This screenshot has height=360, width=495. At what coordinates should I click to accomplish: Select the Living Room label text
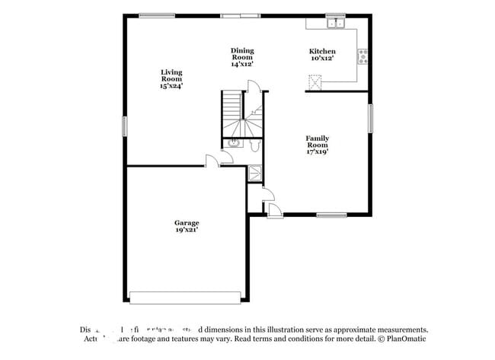click(x=171, y=75)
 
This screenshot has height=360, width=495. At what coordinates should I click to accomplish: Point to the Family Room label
click(x=317, y=142)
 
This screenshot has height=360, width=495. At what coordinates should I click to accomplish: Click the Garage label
click(x=186, y=223)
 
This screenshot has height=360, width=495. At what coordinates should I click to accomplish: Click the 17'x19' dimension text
click(x=317, y=151)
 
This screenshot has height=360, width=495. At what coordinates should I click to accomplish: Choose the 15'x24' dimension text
click(x=171, y=85)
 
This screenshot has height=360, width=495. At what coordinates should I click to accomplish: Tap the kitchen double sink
click(x=334, y=24)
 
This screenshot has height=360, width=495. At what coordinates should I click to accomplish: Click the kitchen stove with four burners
click(x=362, y=56)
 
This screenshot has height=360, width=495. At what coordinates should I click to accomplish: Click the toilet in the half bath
click(x=254, y=142)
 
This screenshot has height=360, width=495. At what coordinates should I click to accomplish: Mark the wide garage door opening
click(x=186, y=297)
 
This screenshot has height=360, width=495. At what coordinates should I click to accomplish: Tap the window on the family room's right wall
click(x=371, y=118)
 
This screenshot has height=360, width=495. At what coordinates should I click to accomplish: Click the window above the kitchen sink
click(x=334, y=15)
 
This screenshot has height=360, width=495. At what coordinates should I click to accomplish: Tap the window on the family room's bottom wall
click(x=332, y=215)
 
